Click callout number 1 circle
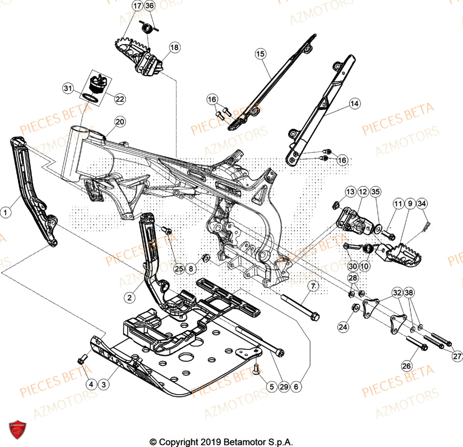6,212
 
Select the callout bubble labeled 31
69,88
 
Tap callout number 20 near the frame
119,122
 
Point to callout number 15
260,54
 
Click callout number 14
354,104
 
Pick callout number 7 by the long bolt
314,286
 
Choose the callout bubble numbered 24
343,327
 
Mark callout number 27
457,356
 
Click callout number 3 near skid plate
103,384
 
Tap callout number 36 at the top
149,6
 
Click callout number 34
422,203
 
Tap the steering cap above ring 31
98,81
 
